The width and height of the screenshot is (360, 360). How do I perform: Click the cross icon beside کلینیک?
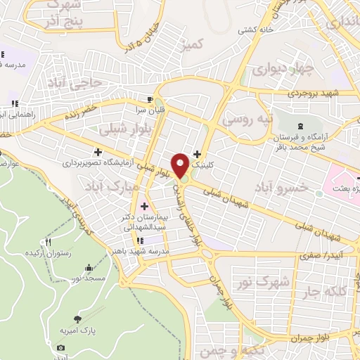click(196, 154)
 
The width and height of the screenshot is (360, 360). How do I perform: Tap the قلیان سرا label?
click(148, 111)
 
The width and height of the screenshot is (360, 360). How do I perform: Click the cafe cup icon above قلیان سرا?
click(150, 99)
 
